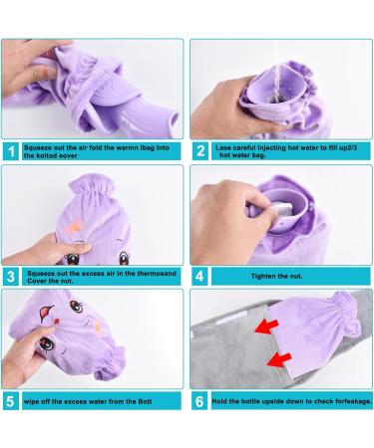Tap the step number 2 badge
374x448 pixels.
pos(202,152)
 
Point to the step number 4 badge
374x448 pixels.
pos(202,277)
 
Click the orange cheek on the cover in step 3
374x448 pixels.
pos(74,230)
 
